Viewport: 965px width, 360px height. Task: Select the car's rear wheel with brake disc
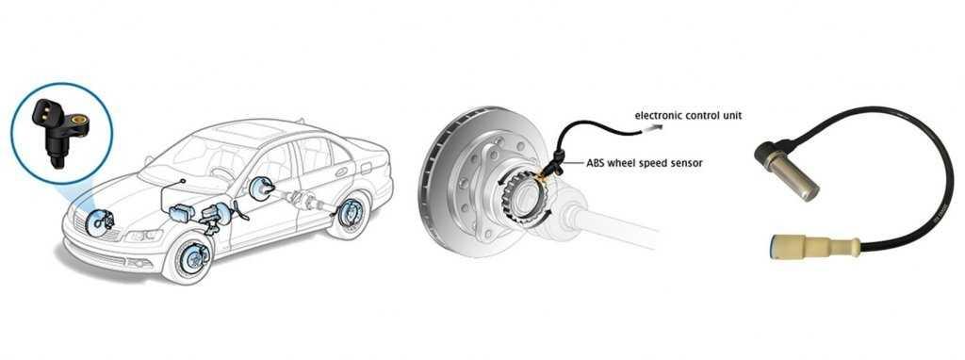tap(350, 214)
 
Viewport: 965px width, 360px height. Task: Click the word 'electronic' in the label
tap(657, 116)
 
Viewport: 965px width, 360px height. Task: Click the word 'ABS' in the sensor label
tap(597, 162)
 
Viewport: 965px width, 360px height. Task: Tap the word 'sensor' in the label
tap(688, 162)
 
